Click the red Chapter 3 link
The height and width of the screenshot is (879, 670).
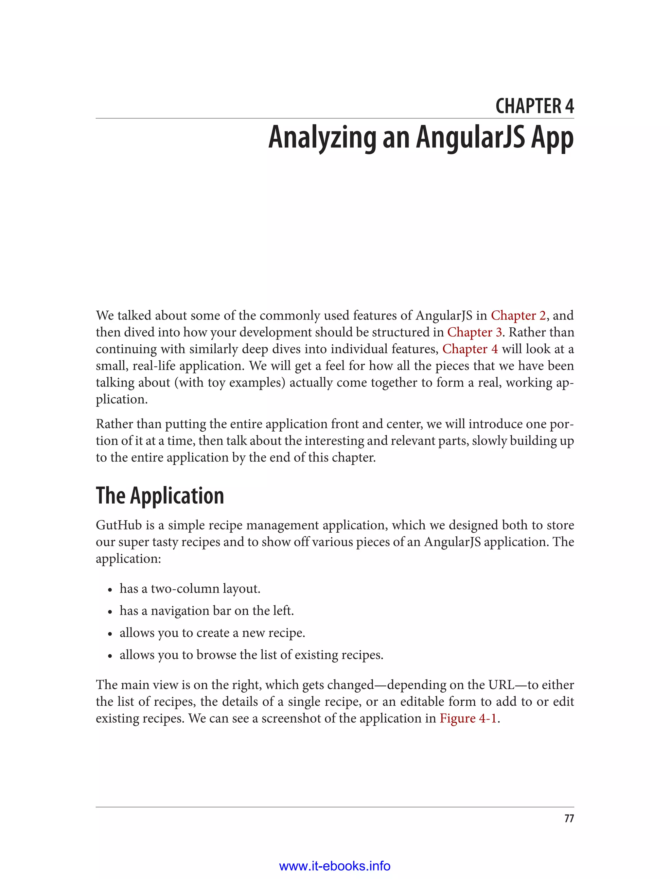(474, 332)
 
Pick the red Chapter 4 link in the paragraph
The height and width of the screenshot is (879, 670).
(470, 349)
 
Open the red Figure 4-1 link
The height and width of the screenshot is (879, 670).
(468, 718)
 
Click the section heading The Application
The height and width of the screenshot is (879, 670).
(160, 495)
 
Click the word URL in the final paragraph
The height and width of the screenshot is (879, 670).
(502, 684)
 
